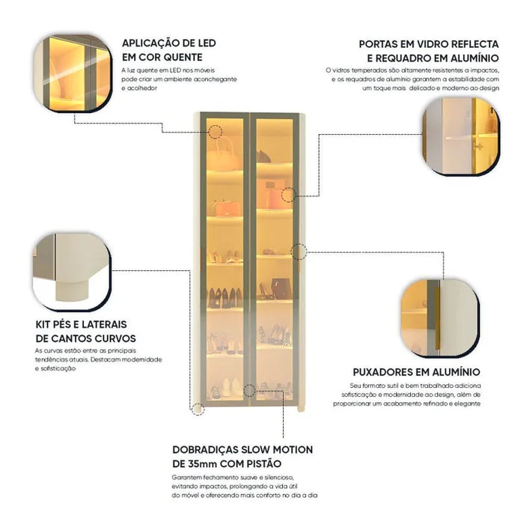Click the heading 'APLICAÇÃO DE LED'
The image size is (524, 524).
pyautogui.click(x=168, y=43)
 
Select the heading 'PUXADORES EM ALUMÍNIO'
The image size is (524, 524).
pyautogui.click(x=416, y=371)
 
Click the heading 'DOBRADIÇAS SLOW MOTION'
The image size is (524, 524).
pyautogui.click(x=243, y=450)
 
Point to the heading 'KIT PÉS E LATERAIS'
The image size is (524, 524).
pyautogui.click(x=81, y=324)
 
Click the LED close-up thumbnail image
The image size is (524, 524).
pyautogui.click(x=72, y=72)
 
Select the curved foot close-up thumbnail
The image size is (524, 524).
pyautogui.click(x=72, y=271)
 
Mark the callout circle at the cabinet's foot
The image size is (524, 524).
pyautogui.click(x=198, y=409)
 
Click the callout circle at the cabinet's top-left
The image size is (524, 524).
pyautogui.click(x=216, y=132)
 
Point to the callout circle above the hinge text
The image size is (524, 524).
pyautogui.click(x=249, y=390)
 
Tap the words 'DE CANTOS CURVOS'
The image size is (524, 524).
pyautogui.click(x=84, y=338)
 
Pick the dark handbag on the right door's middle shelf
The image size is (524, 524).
pyautogui.click(x=281, y=288)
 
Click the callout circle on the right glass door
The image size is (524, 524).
pyautogui.click(x=288, y=195)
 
